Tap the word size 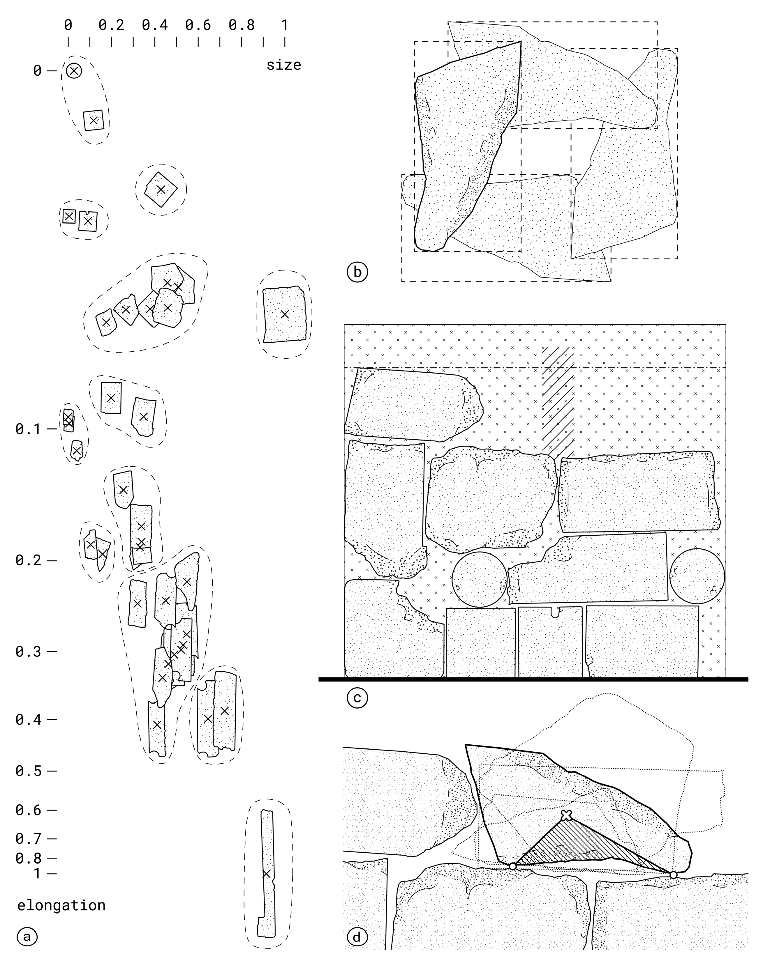pos(284,65)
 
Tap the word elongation pos(61,905)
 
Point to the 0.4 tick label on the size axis pos(155,25)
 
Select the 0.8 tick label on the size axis pos(242,25)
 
